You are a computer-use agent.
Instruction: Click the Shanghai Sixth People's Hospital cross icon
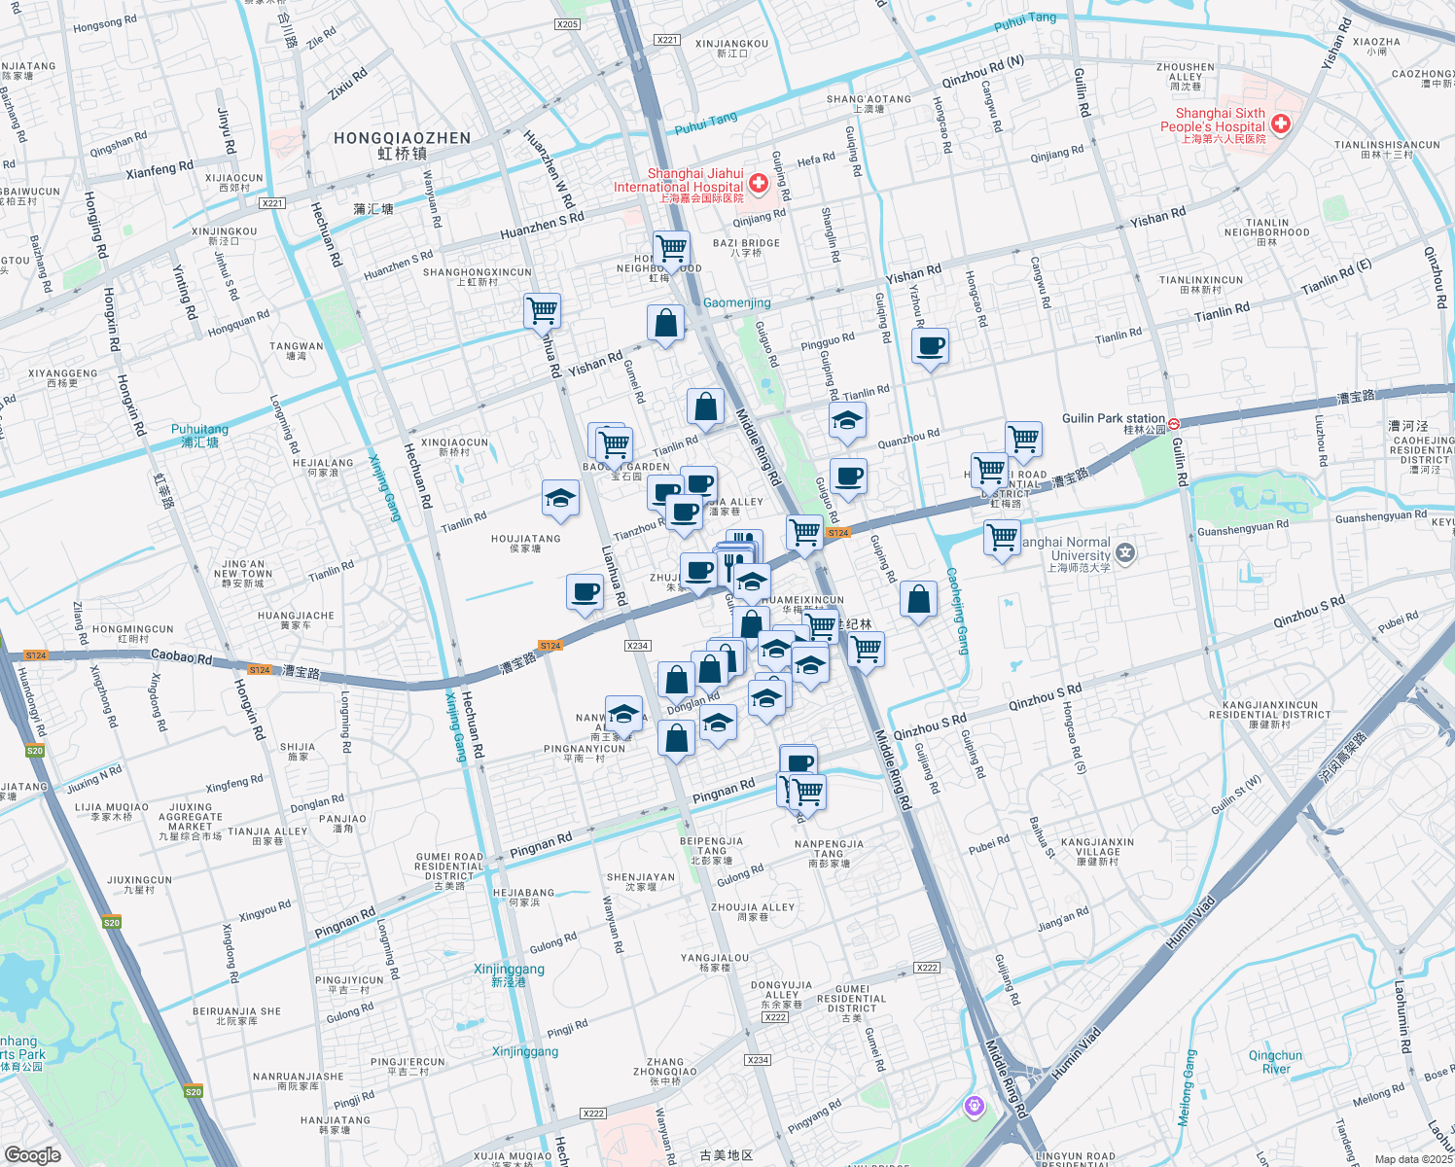point(1280,124)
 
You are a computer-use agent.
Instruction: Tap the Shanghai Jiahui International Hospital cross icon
point(758,184)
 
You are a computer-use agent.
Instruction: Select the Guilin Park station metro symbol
point(1174,423)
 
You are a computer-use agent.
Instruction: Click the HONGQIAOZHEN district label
point(402,145)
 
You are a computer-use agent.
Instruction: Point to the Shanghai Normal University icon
point(1125,553)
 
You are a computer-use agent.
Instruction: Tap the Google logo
point(32,1154)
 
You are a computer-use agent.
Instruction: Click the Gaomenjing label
point(736,302)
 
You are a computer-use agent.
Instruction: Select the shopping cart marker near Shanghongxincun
point(542,311)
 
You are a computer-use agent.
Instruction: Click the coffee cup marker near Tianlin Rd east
point(931,345)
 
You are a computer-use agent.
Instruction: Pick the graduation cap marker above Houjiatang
point(560,499)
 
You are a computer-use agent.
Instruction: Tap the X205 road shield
point(567,24)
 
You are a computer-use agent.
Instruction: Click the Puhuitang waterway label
point(199,435)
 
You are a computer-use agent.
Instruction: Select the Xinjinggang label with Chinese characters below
point(509,974)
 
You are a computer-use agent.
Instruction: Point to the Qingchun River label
point(1275,1062)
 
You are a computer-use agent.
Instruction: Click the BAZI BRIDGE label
point(746,247)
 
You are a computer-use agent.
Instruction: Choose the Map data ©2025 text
point(1412,1158)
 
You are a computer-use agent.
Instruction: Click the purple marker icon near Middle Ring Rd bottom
point(975,1105)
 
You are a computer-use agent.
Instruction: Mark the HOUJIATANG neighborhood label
point(525,543)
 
